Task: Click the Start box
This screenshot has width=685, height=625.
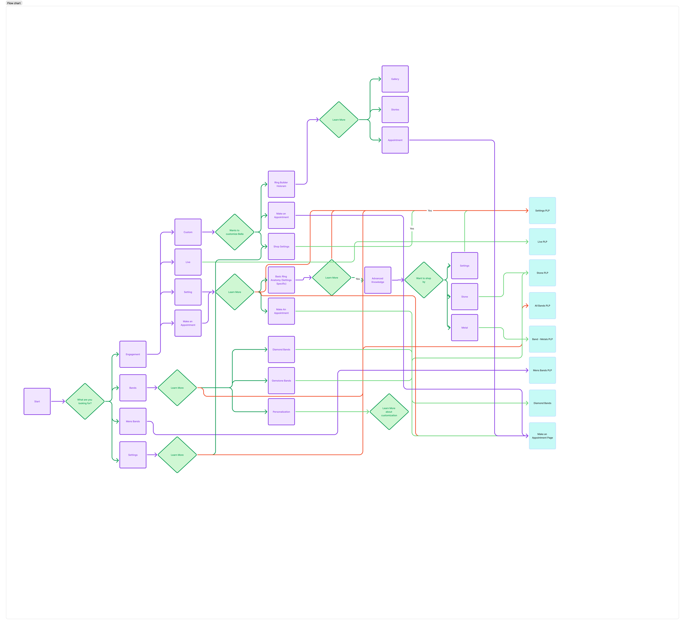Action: pyautogui.click(x=37, y=401)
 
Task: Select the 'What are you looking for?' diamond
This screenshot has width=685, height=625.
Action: pyautogui.click(x=85, y=401)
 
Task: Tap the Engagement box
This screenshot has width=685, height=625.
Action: pyautogui.click(x=133, y=354)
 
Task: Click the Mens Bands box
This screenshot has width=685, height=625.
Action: pyautogui.click(x=133, y=421)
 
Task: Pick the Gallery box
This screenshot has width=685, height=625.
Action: pyautogui.click(x=395, y=79)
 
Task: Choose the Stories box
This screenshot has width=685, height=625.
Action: pyautogui.click(x=395, y=109)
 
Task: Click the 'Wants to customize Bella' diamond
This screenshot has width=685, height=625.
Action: pyautogui.click(x=235, y=232)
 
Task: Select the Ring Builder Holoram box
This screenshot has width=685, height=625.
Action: pyautogui.click(x=281, y=184)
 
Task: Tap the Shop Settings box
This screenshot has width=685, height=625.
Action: pyautogui.click(x=281, y=246)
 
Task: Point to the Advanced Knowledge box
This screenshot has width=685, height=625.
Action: pyautogui.click(x=378, y=280)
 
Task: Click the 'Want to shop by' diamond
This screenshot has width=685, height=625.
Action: pyautogui.click(x=424, y=280)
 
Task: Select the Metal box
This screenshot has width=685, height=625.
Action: pyautogui.click(x=464, y=328)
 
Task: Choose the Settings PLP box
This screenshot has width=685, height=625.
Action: pyautogui.click(x=542, y=211)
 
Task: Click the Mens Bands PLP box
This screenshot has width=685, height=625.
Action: pyautogui.click(x=542, y=370)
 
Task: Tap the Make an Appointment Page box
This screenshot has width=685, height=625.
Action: pyautogui.click(x=542, y=436)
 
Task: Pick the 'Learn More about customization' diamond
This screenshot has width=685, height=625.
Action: pyautogui.click(x=389, y=412)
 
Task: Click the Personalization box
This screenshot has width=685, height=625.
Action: pyautogui.click(x=281, y=412)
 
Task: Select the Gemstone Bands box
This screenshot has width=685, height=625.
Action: pyautogui.click(x=281, y=381)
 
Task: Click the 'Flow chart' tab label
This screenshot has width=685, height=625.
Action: pyautogui.click(x=14, y=3)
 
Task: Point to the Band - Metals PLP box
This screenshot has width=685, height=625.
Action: pyautogui.click(x=542, y=339)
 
